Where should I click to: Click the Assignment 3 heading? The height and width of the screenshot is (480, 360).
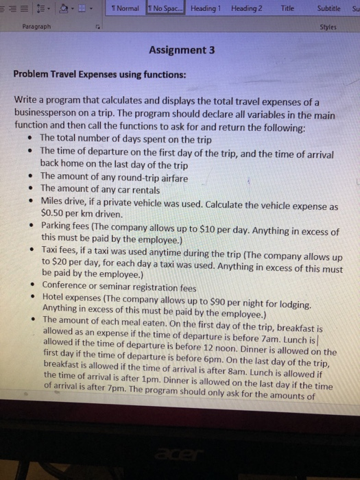(181, 50)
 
